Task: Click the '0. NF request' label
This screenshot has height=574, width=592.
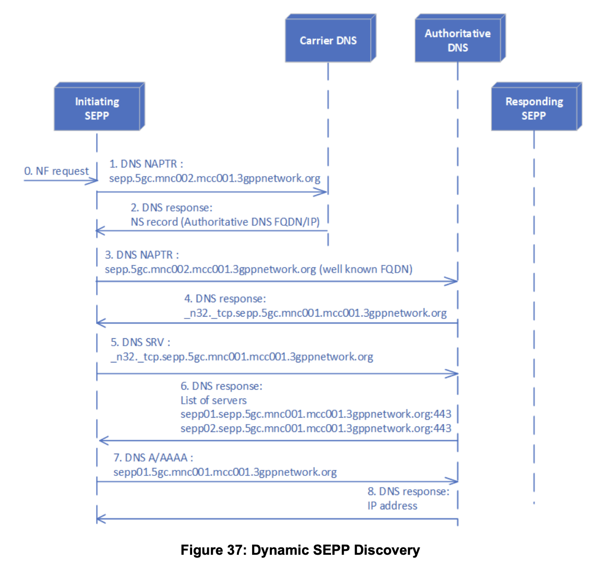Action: pyautogui.click(x=57, y=171)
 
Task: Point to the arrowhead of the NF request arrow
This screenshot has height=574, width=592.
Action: pyautogui.click(x=95, y=180)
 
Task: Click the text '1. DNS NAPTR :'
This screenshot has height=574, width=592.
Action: pyautogui.click(x=146, y=164)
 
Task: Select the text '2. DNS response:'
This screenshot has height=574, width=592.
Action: pyautogui.click(x=172, y=208)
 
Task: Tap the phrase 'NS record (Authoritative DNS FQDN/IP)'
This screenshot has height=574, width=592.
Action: pyautogui.click(x=225, y=222)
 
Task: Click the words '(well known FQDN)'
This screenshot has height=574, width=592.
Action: pyautogui.click(x=366, y=269)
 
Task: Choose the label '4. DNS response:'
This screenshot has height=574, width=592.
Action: pyautogui.click(x=225, y=299)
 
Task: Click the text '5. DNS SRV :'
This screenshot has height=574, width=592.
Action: pyautogui.click(x=141, y=342)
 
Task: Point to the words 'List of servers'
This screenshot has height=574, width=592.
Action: pyautogui.click(x=213, y=400)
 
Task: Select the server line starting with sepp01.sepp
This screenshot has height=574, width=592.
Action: pyautogui.click(x=316, y=414)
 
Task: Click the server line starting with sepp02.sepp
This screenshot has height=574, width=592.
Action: pyautogui.click(x=316, y=429)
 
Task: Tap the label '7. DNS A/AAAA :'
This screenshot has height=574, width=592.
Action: pyautogui.click(x=153, y=458)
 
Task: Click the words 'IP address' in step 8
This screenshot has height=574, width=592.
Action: pyautogui.click(x=392, y=506)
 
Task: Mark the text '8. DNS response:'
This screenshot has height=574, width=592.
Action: pyautogui.click(x=408, y=492)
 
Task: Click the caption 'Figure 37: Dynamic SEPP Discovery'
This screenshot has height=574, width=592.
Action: pyautogui.click(x=300, y=550)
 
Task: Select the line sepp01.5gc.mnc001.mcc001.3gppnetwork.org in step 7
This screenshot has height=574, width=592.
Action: pyautogui.click(x=225, y=472)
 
